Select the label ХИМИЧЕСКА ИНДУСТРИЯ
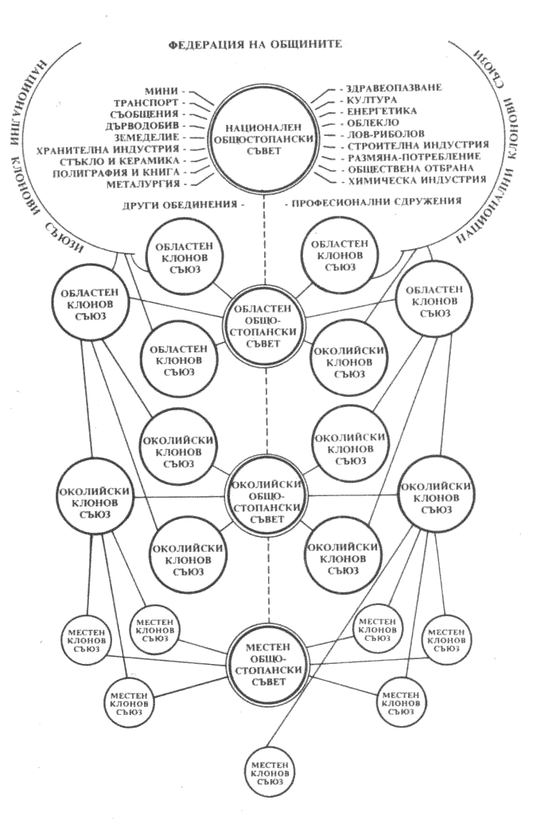pos(414,180)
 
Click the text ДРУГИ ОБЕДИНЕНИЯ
pos(186,204)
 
